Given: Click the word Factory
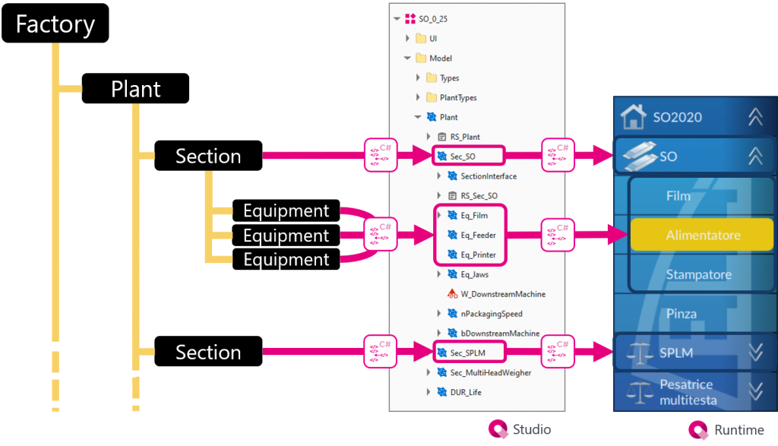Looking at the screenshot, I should [55, 24].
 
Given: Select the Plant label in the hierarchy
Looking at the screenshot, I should [136, 89].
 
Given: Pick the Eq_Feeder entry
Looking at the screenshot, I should [479, 236].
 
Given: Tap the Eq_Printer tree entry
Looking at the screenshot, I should [478, 255].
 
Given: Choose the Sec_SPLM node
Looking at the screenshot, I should [467, 353].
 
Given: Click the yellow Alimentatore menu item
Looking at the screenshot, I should [702, 236].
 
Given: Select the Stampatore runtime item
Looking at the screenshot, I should [698, 274].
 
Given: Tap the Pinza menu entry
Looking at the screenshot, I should [681, 314].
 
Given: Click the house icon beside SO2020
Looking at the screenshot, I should [633, 117].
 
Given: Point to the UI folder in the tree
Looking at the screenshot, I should [433, 38].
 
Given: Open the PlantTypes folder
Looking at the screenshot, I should [458, 97].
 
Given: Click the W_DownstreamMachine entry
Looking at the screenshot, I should [502, 294].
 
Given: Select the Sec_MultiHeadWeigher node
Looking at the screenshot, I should [490, 372].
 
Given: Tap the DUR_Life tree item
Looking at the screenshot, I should [465, 392].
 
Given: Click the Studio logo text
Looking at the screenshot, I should [532, 430].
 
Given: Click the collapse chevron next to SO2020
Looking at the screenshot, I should [754, 117].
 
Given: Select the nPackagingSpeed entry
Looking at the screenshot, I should [491, 314].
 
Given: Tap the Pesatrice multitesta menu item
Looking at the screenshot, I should [688, 392].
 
